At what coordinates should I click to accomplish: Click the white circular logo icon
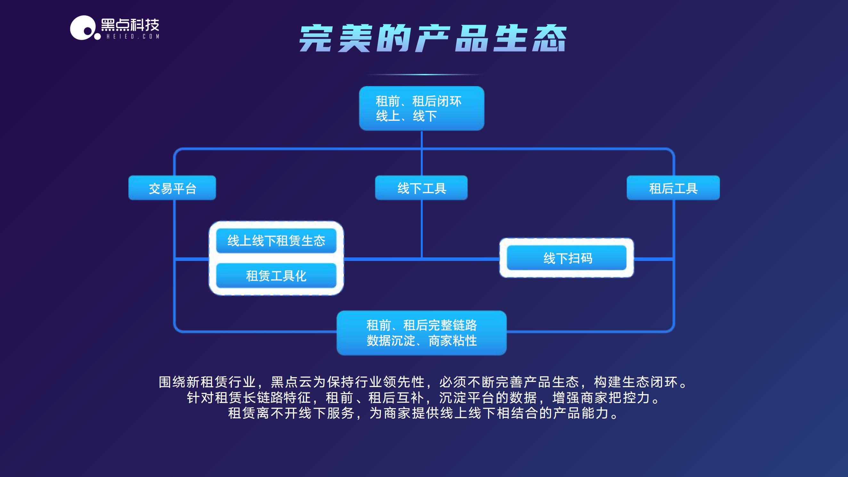[x=82, y=28]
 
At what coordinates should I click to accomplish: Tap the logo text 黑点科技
[x=130, y=25]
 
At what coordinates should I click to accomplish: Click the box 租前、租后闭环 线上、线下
[x=421, y=108]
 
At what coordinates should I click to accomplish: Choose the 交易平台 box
[x=172, y=188]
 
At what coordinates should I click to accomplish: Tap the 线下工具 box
[x=421, y=188]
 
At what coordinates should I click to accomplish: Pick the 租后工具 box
[x=673, y=188]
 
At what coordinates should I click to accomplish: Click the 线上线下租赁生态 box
[x=276, y=241]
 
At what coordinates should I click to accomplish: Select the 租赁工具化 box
[x=276, y=276]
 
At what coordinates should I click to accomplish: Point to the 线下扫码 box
[x=567, y=258]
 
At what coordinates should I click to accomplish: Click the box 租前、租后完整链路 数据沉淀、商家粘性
[x=421, y=333]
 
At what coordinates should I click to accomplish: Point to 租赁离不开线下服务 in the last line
[x=291, y=413]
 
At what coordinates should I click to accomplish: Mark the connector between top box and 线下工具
[x=422, y=153]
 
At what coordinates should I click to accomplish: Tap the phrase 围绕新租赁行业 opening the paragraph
[x=208, y=382]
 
